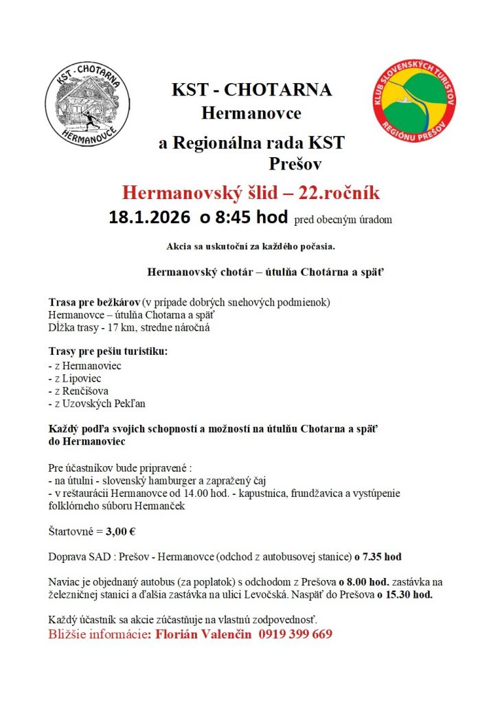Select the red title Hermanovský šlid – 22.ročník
tap(251, 192)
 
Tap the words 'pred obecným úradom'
tap(343, 220)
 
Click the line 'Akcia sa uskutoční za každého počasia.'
tap(250, 246)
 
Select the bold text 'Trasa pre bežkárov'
tap(93, 303)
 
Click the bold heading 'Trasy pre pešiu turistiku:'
tap(108, 352)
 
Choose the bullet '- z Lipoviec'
tap(76, 378)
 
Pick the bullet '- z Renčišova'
tap(79, 391)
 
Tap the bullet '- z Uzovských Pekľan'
tap(97, 404)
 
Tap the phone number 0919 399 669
tap(295, 634)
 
